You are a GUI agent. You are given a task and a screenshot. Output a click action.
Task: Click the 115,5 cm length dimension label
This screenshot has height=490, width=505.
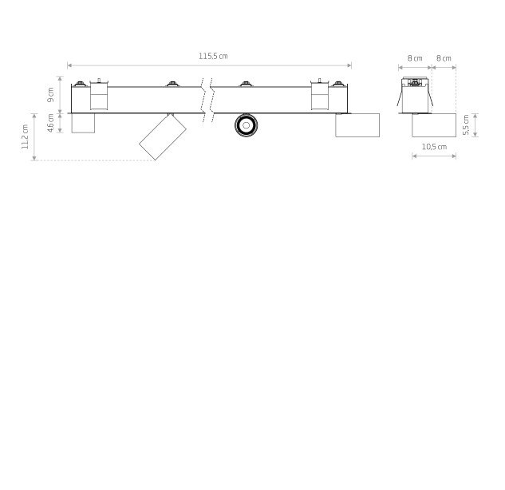pyautogui.click(x=213, y=56)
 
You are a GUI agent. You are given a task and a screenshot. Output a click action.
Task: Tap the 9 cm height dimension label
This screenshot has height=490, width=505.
pyautogui.click(x=50, y=95)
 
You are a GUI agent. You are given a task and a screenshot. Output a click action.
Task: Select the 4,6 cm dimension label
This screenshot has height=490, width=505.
pyautogui.click(x=50, y=123)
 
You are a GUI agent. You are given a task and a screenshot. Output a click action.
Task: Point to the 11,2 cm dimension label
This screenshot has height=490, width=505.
pyautogui.click(x=25, y=136)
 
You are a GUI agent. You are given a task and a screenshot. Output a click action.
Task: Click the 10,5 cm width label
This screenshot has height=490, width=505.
pyautogui.click(x=434, y=147)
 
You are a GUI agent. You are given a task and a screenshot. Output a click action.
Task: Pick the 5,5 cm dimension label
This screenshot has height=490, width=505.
pyautogui.click(x=466, y=125)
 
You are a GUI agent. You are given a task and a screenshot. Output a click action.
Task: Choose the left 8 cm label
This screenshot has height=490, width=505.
pyautogui.click(x=415, y=58)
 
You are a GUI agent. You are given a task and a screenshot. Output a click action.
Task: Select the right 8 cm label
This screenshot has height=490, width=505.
pyautogui.click(x=444, y=58)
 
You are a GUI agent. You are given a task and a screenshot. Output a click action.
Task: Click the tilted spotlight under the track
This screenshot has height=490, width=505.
pyautogui.click(x=163, y=136)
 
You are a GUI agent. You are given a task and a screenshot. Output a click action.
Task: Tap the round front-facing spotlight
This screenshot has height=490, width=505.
pyautogui.click(x=246, y=125)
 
